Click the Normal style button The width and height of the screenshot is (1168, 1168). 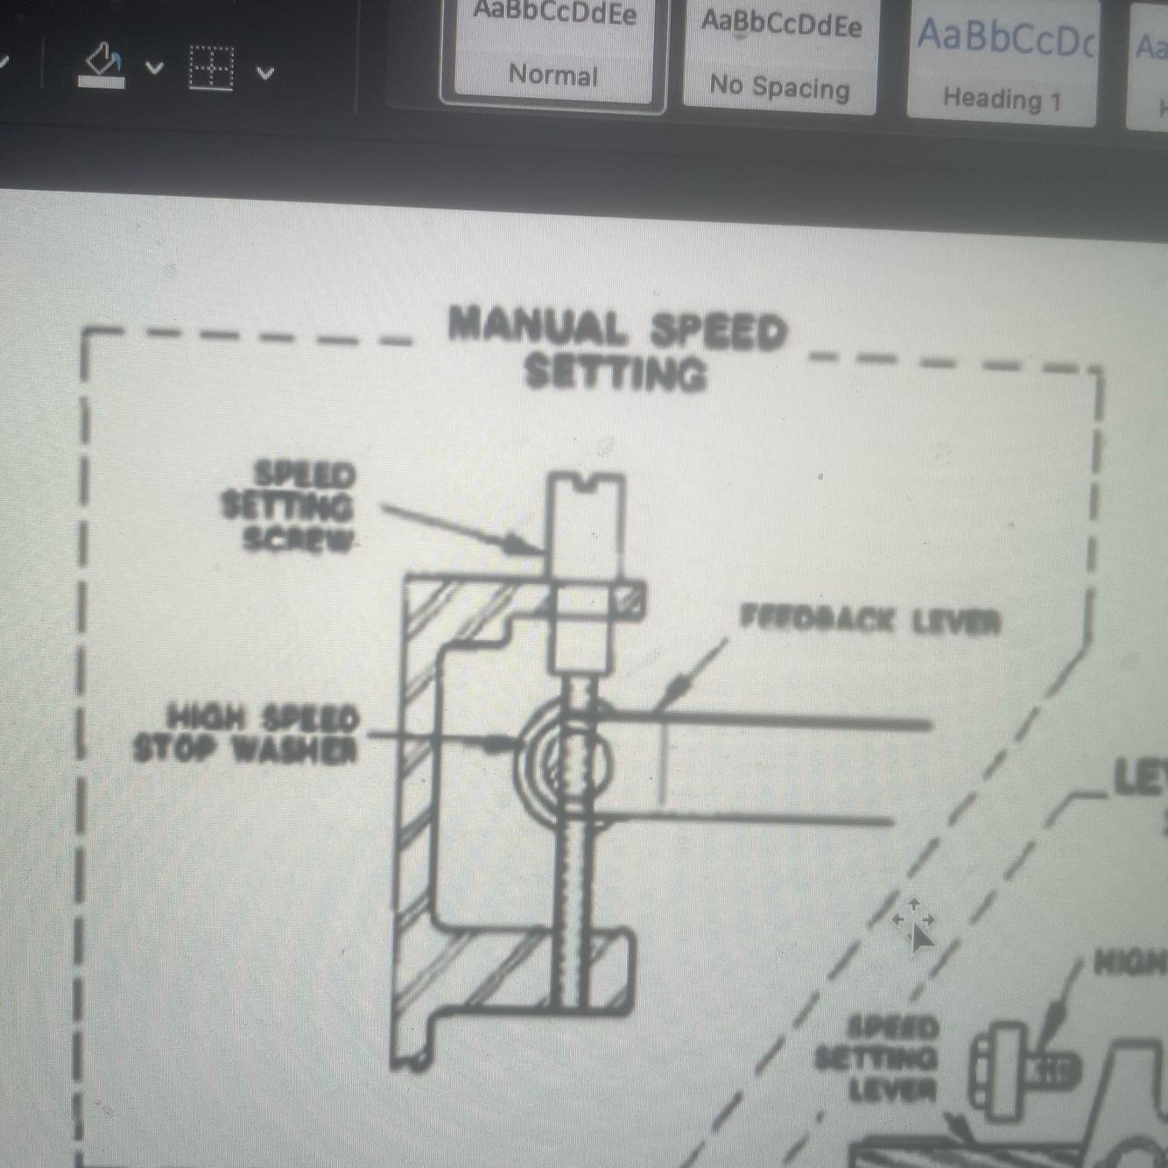click(x=552, y=53)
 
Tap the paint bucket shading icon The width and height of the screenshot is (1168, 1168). click(x=102, y=66)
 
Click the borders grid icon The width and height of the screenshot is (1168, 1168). click(x=211, y=67)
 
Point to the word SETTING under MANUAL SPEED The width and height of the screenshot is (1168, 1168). click(x=616, y=373)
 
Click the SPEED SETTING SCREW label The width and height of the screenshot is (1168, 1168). click(x=290, y=507)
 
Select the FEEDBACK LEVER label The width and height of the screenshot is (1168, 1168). click(x=869, y=621)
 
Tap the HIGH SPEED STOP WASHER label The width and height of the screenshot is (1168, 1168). click(x=248, y=734)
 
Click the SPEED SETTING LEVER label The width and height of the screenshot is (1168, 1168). click(x=877, y=1059)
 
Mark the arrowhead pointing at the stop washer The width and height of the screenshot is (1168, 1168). click(x=502, y=744)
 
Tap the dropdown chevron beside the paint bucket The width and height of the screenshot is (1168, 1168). click(x=155, y=67)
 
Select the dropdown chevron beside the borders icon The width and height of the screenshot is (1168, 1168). click(x=265, y=72)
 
